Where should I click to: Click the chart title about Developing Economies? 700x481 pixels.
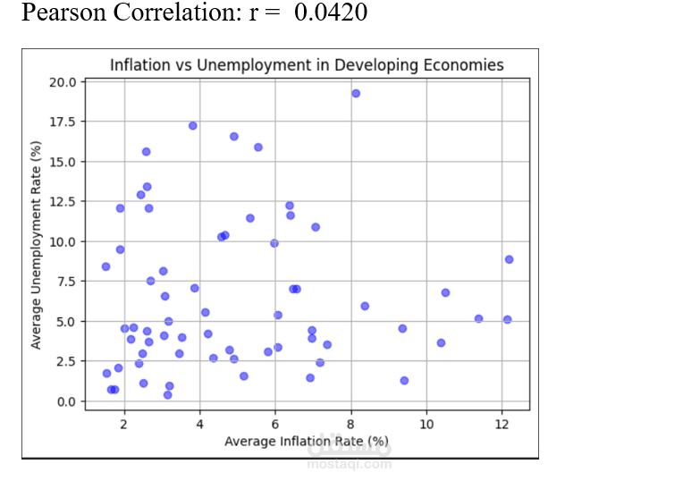click(306, 65)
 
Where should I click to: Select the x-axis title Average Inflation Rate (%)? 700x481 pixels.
click(307, 441)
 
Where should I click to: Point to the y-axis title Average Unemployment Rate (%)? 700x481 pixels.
click(36, 244)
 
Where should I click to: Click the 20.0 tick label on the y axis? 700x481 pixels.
click(63, 82)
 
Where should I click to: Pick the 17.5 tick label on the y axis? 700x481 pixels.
click(63, 122)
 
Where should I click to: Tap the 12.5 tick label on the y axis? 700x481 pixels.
click(63, 202)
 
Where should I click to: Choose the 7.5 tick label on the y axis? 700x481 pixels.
click(66, 282)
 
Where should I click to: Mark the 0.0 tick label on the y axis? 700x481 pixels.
click(66, 401)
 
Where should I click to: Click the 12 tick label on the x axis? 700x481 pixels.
click(502, 423)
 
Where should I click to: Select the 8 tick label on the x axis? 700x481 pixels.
click(351, 423)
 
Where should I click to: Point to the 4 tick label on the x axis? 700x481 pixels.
click(200, 423)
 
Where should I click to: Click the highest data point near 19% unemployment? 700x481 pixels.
click(355, 93)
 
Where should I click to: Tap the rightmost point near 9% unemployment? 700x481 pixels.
click(509, 259)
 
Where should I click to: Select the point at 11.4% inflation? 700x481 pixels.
click(478, 318)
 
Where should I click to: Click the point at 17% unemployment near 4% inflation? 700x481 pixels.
click(192, 126)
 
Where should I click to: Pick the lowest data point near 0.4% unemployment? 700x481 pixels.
click(167, 394)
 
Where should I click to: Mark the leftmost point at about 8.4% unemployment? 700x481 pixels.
click(105, 266)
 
